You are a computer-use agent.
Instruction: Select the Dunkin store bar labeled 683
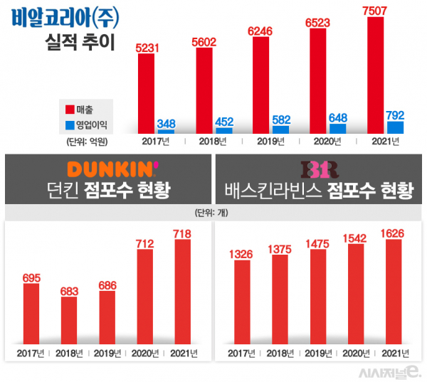(x=69, y=319)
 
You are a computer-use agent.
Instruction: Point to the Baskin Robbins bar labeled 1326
(x=241, y=300)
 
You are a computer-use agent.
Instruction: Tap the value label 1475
(x=317, y=245)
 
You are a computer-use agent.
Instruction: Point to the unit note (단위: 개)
(x=213, y=212)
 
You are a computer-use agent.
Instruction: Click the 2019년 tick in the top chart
(x=272, y=142)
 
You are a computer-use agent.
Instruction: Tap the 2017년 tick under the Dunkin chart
(x=31, y=352)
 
